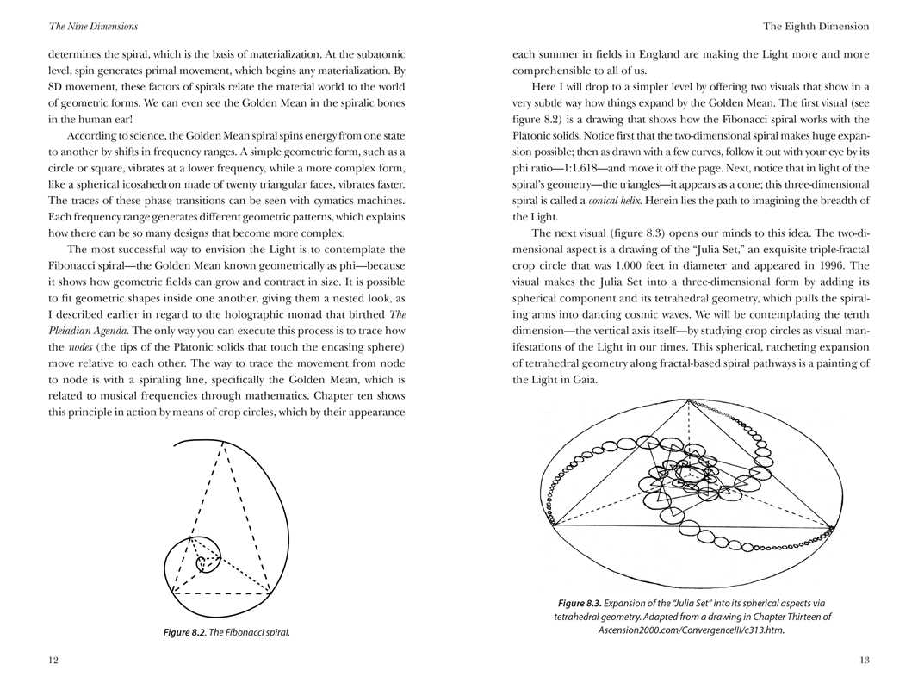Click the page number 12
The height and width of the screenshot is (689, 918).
(x=53, y=660)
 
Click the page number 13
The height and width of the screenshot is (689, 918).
(x=864, y=660)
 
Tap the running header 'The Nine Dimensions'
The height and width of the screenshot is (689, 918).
(x=93, y=27)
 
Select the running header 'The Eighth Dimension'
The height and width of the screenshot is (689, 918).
(x=816, y=27)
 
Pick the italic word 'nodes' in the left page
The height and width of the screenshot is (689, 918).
(x=82, y=347)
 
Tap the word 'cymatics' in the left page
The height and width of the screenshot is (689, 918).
(x=330, y=201)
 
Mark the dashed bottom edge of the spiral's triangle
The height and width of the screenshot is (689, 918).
(x=221, y=593)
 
